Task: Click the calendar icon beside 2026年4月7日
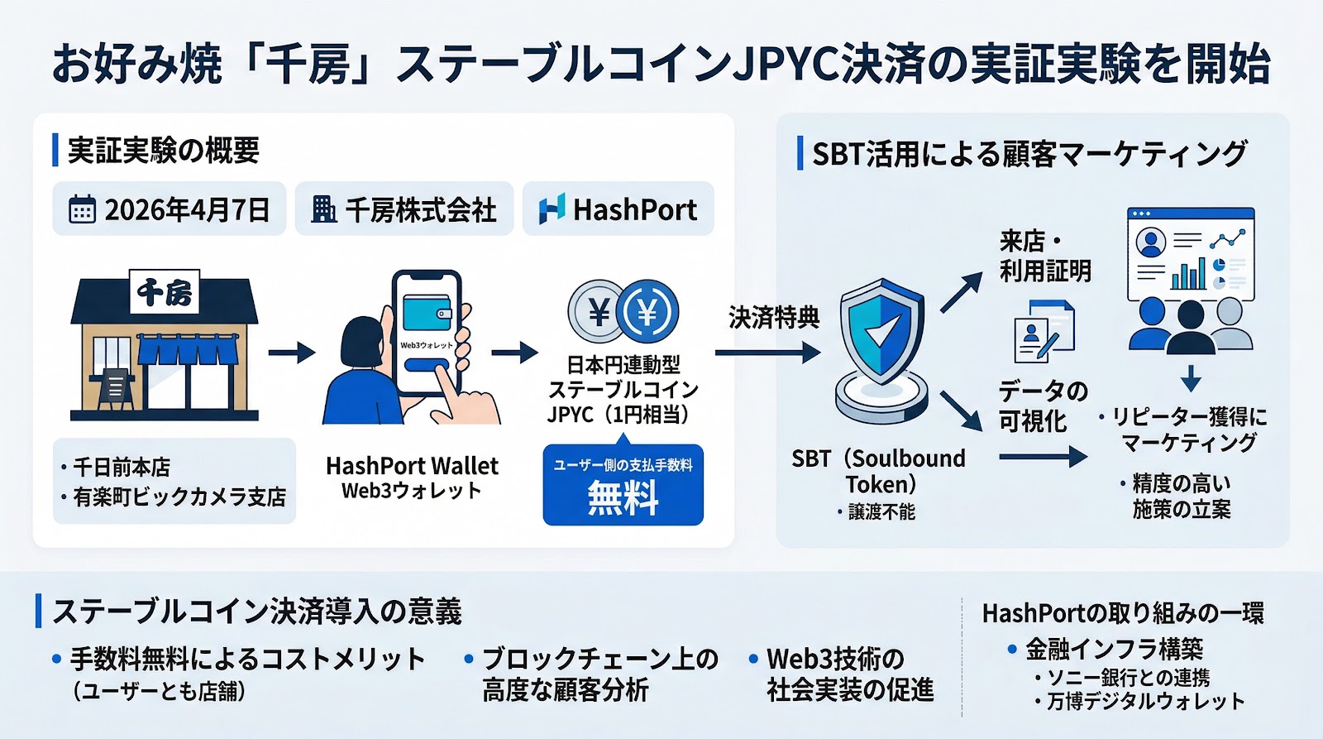[81, 210]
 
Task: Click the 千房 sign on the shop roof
[164, 292]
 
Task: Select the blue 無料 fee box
[623, 485]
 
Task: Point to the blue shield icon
[881, 331]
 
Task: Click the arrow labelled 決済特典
[767, 353]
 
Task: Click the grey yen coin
[596, 312]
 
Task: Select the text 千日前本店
[122, 468]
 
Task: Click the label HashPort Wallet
[412, 466]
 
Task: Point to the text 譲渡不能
[881, 512]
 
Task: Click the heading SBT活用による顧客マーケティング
[1029, 154]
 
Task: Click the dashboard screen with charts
[1191, 255]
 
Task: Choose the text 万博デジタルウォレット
[1145, 702]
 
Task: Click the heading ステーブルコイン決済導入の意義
[256, 612]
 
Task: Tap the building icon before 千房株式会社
[323, 209]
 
